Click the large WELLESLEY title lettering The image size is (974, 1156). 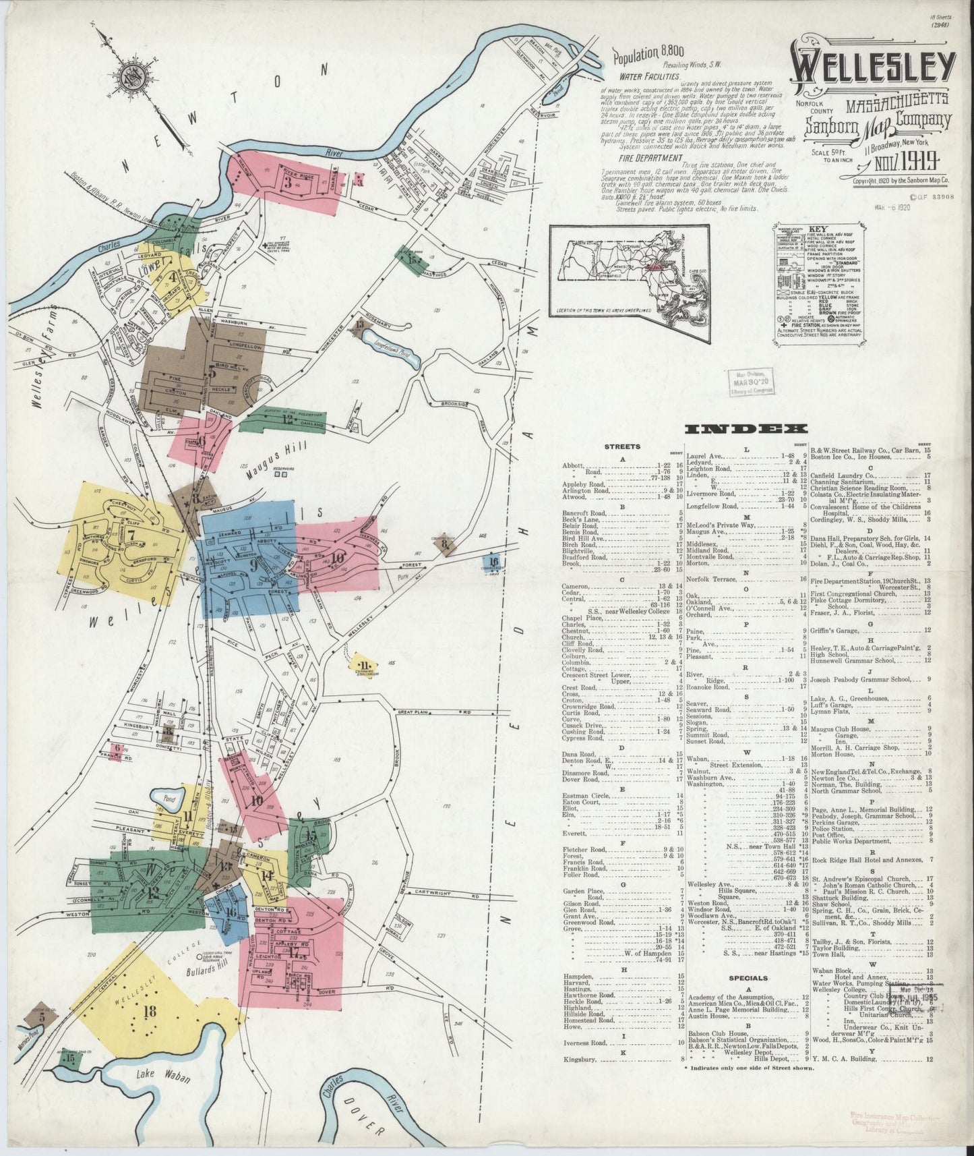pos(872,71)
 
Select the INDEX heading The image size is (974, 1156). pos(745,429)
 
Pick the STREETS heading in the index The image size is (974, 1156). pos(622,446)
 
